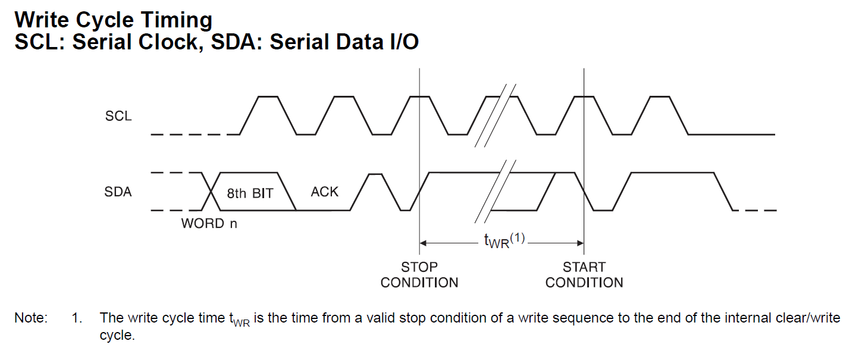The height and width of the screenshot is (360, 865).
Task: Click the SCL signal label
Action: (x=118, y=116)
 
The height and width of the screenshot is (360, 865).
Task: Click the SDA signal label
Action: (x=118, y=192)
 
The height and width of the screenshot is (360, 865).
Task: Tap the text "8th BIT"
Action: (x=250, y=193)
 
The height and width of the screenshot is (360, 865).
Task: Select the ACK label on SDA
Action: (x=324, y=192)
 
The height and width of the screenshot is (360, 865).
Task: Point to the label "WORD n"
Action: (x=209, y=223)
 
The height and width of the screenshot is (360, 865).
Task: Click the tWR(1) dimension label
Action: (x=504, y=240)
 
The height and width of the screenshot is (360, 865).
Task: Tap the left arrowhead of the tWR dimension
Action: (x=423, y=243)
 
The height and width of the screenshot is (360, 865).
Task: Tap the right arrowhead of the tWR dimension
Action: (x=581, y=243)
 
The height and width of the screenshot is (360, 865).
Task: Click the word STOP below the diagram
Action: (x=419, y=267)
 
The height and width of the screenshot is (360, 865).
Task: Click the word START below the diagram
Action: (x=584, y=267)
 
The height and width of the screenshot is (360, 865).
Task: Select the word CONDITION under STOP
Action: (x=419, y=283)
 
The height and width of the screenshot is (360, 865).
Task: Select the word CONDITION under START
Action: (x=584, y=283)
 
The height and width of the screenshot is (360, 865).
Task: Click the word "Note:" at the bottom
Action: (x=31, y=318)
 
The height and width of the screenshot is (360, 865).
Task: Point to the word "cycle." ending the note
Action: (x=117, y=335)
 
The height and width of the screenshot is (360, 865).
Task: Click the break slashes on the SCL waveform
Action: (x=496, y=115)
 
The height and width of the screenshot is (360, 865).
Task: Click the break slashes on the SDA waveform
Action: (x=496, y=192)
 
